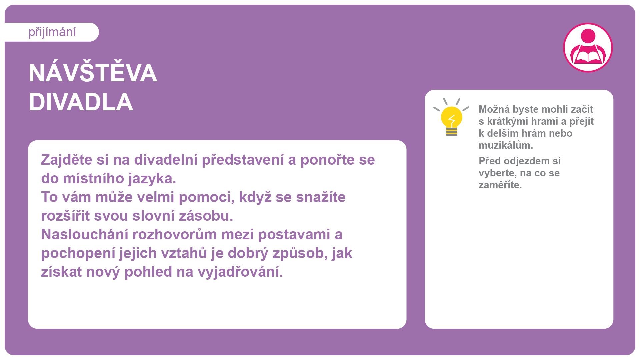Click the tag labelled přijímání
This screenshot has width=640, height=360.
pos(52,32)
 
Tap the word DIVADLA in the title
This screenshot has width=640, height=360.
pos(81,102)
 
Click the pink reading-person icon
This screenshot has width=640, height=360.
pos(588,47)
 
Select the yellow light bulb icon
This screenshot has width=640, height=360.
pos(451,117)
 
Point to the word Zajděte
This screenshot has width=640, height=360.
pos(67,160)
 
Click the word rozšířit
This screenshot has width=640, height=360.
pos(65,216)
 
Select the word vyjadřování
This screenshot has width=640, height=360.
pos(240,272)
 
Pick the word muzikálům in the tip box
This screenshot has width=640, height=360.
pos(506,145)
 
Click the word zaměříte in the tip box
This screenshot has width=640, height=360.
pos(500,185)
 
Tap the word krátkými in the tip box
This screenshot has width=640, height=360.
pos(510,121)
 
